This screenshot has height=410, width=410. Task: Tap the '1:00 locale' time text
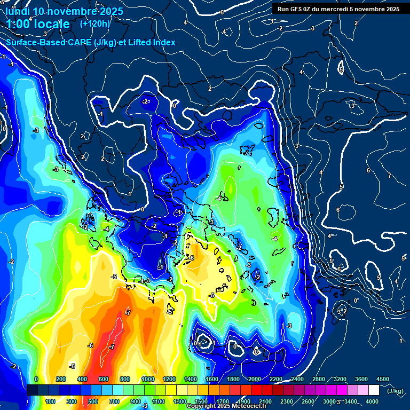click(x=37, y=24)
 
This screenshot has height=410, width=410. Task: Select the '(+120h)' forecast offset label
click(x=95, y=23)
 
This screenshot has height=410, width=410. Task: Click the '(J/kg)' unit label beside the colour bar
click(x=395, y=391)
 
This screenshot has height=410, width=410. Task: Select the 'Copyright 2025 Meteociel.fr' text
click(x=227, y=406)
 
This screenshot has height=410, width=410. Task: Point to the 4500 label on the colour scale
click(x=383, y=379)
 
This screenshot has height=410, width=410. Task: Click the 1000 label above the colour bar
click(x=148, y=379)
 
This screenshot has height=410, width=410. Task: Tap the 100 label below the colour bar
click(x=51, y=401)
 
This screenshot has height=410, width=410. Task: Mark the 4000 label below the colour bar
click(x=372, y=401)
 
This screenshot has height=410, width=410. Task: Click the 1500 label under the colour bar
click(x=201, y=401)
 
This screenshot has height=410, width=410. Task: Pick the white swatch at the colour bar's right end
click(x=374, y=390)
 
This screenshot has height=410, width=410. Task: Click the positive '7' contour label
click(x=390, y=176)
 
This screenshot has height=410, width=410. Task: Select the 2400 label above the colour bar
click(x=297, y=379)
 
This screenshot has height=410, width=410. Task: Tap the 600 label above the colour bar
click(x=104, y=379)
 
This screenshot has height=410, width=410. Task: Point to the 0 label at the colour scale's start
click(x=36, y=379)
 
